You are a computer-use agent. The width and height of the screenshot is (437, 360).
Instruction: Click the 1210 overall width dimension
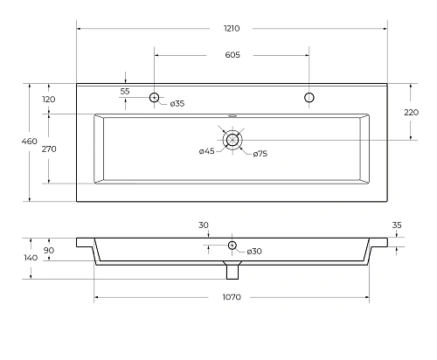[x=232, y=29]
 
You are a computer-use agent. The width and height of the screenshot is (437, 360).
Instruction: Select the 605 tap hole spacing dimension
[x=232, y=55]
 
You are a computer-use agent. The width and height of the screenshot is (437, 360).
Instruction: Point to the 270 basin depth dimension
[x=49, y=149]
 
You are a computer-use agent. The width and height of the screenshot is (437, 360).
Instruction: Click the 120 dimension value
[x=49, y=99]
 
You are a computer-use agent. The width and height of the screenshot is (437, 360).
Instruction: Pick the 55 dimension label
[x=125, y=91]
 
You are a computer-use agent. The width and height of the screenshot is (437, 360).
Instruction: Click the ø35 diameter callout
[x=176, y=104]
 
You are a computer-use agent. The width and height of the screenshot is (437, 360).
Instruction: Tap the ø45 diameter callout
[x=206, y=152]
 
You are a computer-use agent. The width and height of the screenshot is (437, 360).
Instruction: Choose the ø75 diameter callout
[x=260, y=155]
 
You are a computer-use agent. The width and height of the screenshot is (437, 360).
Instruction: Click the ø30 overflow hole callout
[x=254, y=252]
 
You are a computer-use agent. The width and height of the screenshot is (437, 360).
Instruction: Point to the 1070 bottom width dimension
[x=232, y=298]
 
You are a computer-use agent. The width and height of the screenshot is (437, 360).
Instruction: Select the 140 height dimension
[x=31, y=258]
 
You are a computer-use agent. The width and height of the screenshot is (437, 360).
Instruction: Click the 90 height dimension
[x=49, y=251]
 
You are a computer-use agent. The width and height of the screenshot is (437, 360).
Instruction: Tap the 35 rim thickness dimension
[x=397, y=225]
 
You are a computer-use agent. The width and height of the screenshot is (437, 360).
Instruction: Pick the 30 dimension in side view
[x=203, y=225]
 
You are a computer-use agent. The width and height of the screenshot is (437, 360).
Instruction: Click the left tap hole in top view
[x=155, y=96]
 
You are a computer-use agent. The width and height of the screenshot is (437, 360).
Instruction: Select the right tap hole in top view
[x=309, y=96]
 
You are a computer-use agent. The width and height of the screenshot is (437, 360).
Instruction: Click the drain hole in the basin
[x=232, y=139]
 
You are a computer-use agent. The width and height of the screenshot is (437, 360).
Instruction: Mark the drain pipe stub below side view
[x=232, y=271]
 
